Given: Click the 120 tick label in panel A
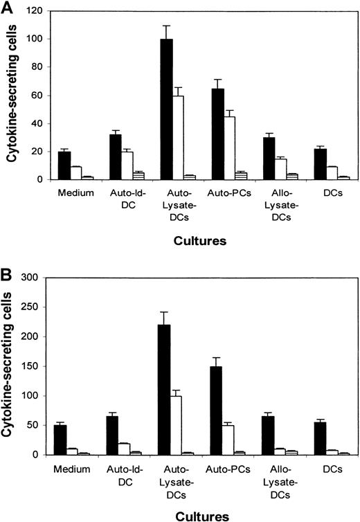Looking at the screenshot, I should tap(34, 12).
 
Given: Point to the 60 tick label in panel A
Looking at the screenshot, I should tap(36, 96).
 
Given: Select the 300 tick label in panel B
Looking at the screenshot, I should tap(33, 278).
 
